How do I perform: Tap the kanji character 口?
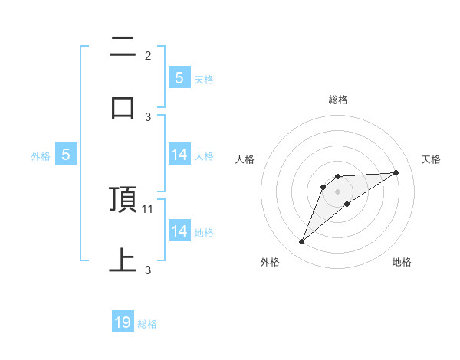coord(123,107)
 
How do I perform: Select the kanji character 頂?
coord(123,199)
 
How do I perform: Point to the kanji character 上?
coord(123,259)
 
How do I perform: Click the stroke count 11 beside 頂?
coord(149,208)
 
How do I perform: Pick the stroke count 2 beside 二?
coord(148,56)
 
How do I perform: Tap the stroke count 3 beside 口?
coord(148,116)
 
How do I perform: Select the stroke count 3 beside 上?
coord(148,270)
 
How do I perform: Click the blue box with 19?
coord(123,322)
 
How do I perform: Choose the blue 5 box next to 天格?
coord(179,77)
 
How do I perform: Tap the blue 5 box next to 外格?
coord(66,155)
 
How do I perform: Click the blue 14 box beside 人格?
coord(179,155)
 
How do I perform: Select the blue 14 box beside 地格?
coord(179,231)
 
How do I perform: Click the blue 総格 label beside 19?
coord(147,324)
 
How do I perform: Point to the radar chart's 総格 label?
coord(338,100)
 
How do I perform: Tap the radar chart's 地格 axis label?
coord(402,263)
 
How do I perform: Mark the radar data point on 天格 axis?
coord(396,173)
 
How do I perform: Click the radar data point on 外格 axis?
coord(302,242)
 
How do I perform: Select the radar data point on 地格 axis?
coord(347,204)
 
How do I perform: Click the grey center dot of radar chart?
coord(338,191)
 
